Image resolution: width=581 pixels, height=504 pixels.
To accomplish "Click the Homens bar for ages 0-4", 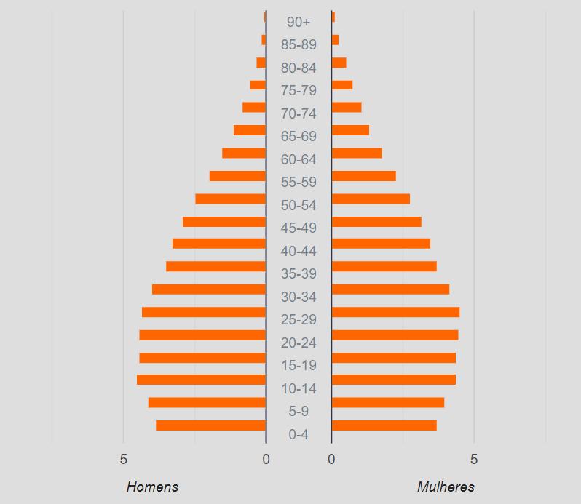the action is click(x=211, y=425).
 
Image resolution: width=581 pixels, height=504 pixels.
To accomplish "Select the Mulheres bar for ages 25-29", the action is click(x=396, y=312).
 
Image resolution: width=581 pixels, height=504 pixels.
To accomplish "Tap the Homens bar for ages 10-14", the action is click(x=201, y=380).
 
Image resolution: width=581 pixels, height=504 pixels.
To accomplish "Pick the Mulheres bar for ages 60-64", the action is click(x=357, y=153).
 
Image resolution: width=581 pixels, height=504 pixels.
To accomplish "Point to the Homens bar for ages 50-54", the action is click(x=231, y=199).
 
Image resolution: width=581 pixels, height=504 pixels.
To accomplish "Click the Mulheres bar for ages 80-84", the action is click(x=339, y=63).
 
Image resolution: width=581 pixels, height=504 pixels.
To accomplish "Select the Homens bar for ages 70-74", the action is click(x=254, y=108).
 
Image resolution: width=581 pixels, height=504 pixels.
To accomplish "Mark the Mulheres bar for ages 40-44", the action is click(x=382, y=244).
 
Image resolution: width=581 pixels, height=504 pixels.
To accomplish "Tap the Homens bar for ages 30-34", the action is click(x=209, y=289).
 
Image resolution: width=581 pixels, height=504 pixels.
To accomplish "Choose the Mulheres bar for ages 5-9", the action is click(x=388, y=403).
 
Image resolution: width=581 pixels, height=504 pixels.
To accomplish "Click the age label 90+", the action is click(x=299, y=23).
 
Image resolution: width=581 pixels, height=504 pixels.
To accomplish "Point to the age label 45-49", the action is click(x=299, y=228).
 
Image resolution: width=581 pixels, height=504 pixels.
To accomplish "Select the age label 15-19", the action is click(x=299, y=366).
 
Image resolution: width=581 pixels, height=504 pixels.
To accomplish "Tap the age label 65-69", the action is click(x=299, y=136).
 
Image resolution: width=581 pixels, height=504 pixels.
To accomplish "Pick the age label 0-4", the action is click(x=299, y=434).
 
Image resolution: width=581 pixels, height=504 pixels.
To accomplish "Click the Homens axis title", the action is click(x=152, y=487).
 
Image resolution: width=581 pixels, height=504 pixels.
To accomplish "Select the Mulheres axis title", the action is click(x=446, y=487).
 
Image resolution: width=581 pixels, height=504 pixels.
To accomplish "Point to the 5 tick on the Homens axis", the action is click(x=123, y=459).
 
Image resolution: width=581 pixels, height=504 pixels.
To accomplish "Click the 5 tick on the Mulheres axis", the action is click(x=474, y=459).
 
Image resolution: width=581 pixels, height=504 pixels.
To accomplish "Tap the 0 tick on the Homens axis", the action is click(x=266, y=459).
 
